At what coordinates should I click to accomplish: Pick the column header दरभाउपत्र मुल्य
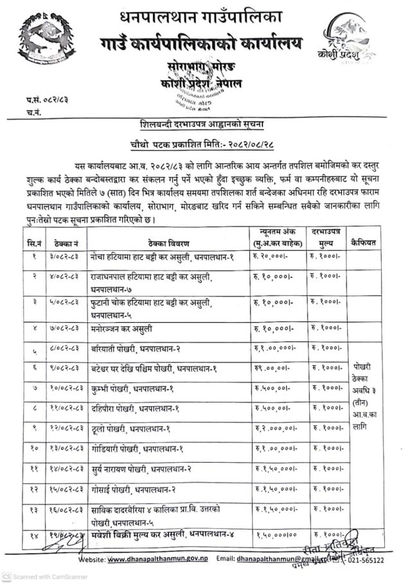pos(325,238)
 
